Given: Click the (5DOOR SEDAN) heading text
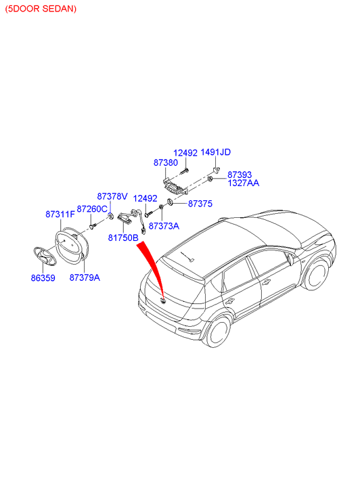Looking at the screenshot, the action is click(41, 9).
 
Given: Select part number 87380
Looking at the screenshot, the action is click(166, 162).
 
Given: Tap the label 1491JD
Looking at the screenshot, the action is click(216, 152).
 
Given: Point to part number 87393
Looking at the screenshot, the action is click(240, 175).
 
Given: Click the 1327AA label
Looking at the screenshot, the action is click(243, 183).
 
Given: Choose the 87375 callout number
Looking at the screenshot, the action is click(200, 204).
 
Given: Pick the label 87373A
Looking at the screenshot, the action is click(164, 226).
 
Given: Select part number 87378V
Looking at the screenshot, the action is click(112, 196).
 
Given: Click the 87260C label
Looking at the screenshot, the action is click(92, 209).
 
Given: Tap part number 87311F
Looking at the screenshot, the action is click(60, 215).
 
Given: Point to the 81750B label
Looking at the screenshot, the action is click(123, 238).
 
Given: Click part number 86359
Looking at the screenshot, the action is click(43, 278).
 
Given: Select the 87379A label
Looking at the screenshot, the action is click(85, 277).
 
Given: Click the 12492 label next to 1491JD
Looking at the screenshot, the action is click(185, 153).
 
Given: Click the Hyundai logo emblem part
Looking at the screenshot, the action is click(45, 256).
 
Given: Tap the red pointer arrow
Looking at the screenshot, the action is click(153, 267).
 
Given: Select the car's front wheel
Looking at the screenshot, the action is click(317, 275).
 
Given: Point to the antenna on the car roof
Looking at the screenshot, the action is click(187, 256).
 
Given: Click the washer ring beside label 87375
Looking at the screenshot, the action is click(170, 202).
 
